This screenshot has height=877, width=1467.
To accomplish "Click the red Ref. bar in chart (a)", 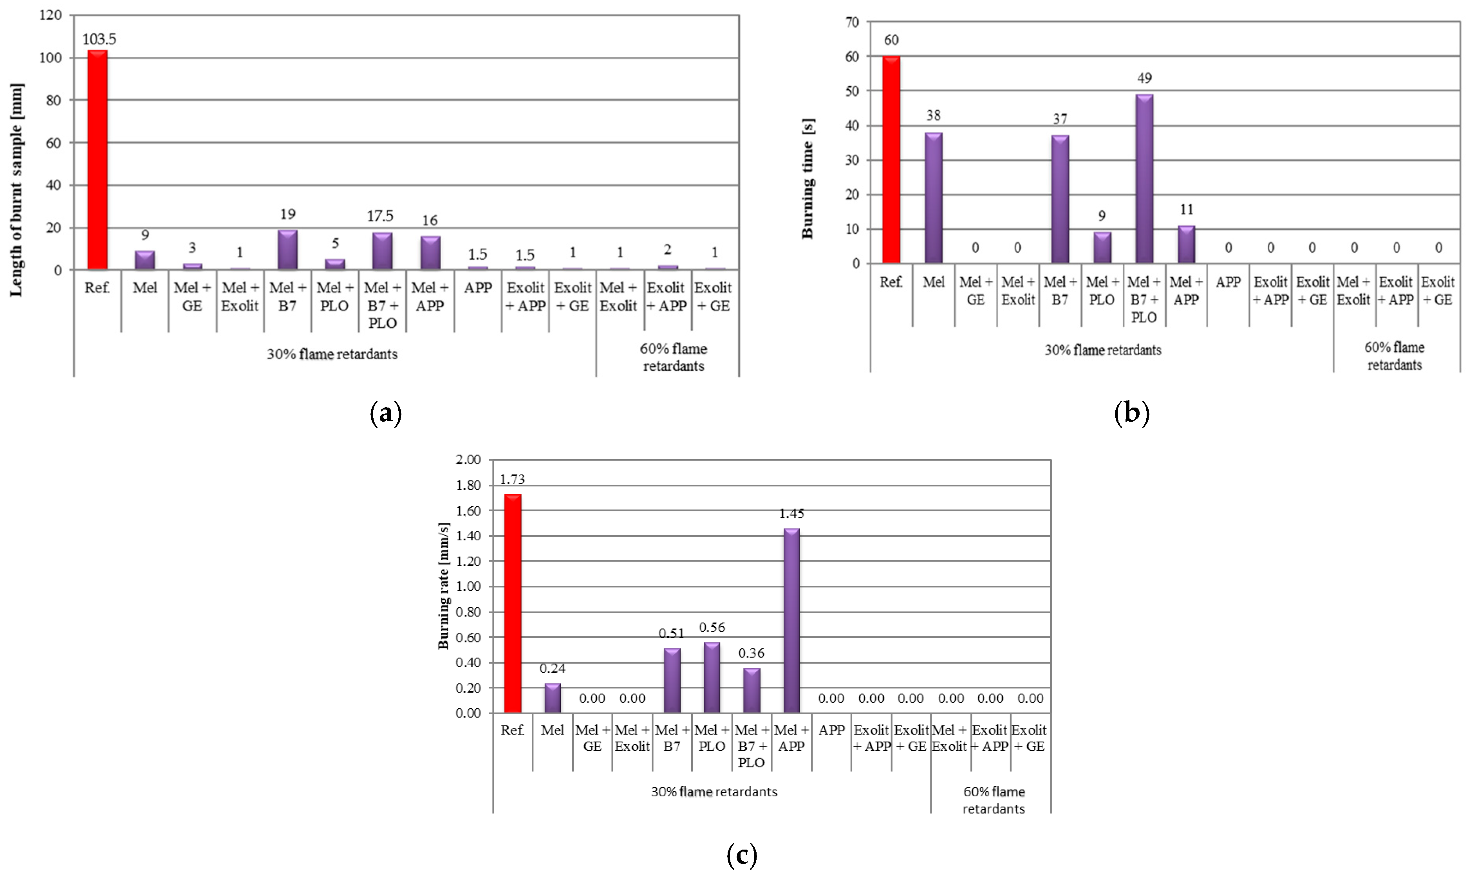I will click(x=98, y=160).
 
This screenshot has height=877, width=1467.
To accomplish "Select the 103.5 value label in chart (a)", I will click(x=99, y=39).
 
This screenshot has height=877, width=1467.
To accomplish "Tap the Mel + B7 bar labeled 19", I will click(x=288, y=250).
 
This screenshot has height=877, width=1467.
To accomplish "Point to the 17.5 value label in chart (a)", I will click(x=380, y=216).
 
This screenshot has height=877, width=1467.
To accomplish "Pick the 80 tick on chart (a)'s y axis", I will click(x=53, y=101).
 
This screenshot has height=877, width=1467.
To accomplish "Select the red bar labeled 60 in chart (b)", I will click(x=891, y=160).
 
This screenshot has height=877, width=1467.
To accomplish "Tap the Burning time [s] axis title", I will click(x=808, y=179).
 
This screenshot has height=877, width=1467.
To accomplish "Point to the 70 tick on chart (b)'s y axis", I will click(x=852, y=22).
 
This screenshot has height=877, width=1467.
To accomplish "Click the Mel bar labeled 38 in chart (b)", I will click(x=933, y=198).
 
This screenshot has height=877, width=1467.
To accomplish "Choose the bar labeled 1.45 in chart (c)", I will click(x=791, y=621).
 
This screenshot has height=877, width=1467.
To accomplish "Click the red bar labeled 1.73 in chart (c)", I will click(x=513, y=603).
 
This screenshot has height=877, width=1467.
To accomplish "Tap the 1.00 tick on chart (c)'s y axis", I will click(x=469, y=586).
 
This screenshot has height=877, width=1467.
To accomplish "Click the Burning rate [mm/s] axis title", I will click(x=444, y=586).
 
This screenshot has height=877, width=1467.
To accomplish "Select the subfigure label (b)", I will click(x=1131, y=413).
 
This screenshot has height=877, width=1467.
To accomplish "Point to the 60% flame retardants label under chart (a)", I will click(x=673, y=357).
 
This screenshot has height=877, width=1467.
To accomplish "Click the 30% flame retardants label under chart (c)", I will click(x=714, y=791).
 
